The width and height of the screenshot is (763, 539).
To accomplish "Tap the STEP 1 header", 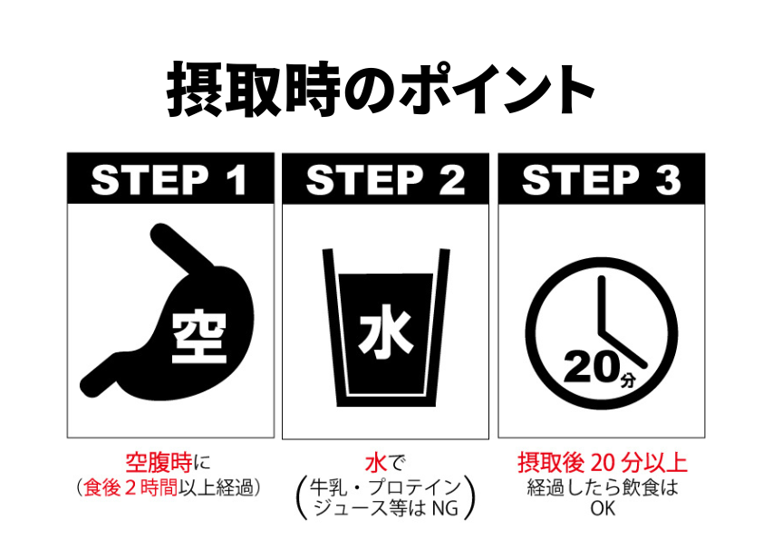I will [169, 180].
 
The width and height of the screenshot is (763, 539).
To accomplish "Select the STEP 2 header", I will [385, 180].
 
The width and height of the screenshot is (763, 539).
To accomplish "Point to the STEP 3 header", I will [601, 180].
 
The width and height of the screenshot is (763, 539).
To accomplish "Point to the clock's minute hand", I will [601, 303].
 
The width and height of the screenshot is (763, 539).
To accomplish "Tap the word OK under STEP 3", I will [602, 508].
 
